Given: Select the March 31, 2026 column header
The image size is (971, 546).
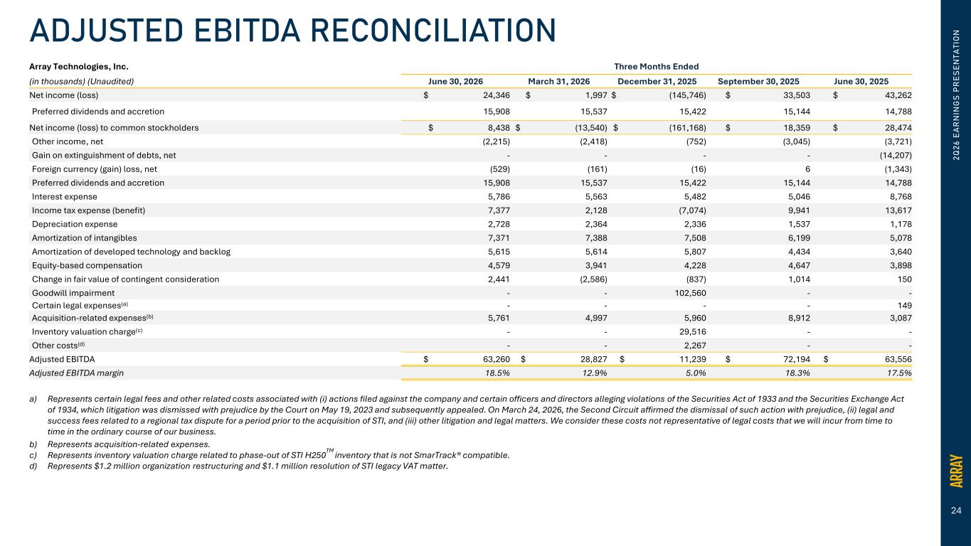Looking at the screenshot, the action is [558, 82].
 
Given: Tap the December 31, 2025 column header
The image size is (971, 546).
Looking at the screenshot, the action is [657, 82].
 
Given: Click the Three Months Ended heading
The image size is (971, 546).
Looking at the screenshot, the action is [657, 67].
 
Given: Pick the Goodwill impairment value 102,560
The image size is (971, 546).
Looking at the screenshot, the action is [690, 293].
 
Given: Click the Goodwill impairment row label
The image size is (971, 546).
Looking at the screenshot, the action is [73, 293].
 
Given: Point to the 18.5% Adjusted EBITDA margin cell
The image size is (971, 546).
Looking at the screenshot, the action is [497, 373].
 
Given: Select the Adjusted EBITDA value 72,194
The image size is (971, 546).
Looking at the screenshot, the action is [797, 359].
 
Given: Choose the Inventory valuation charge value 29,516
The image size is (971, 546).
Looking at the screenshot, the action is [693, 332].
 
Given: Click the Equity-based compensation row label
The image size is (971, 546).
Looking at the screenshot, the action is [87, 266].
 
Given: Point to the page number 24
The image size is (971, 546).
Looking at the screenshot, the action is [956, 511].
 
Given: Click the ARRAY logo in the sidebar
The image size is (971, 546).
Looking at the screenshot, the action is [956, 471].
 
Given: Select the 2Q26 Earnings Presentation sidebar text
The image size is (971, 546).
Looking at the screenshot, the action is [956, 95].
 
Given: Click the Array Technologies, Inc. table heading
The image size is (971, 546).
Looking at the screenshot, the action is [79, 67].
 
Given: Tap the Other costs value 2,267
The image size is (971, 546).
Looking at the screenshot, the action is [695, 346].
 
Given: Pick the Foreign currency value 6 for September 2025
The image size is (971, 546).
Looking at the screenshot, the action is [807, 169].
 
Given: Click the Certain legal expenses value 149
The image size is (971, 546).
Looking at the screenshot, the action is [905, 306].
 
